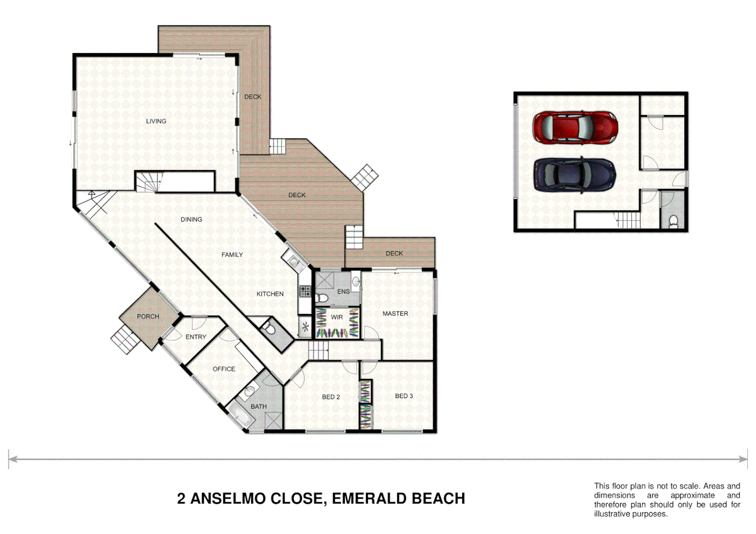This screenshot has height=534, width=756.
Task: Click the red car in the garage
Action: (575, 127)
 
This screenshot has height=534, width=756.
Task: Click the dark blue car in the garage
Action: (575, 175)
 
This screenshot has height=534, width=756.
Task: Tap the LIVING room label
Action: (156, 121)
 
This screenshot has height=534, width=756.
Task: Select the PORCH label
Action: (148, 316)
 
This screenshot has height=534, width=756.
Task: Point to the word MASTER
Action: (395, 313)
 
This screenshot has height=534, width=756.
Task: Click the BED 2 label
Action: (331, 397)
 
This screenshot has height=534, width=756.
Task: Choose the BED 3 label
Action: (404, 396)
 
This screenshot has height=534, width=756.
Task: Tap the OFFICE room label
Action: (224, 369)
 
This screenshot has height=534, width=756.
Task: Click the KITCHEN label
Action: (270, 294)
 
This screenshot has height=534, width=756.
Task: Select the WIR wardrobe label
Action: (337, 317)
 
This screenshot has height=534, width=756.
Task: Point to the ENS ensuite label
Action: (343, 292)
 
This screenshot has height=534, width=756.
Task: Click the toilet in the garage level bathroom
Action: (673, 221)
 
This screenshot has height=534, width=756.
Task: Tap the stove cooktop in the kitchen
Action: (305, 291)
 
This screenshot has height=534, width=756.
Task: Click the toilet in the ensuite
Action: (322, 298)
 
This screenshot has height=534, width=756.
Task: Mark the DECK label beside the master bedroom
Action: (394, 253)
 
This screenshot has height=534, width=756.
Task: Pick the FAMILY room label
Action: (232, 255)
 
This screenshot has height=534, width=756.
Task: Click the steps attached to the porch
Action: (124, 340)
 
